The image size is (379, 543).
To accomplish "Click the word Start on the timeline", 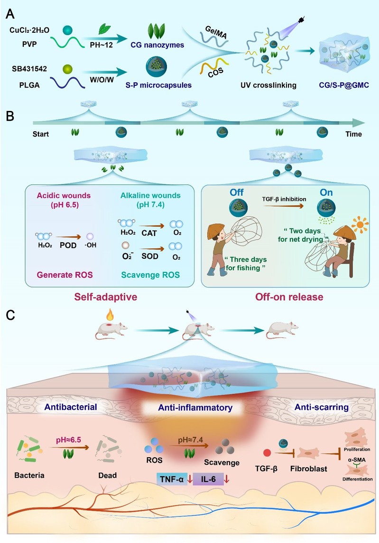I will (42, 134).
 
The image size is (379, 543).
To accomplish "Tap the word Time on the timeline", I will (353, 134).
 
